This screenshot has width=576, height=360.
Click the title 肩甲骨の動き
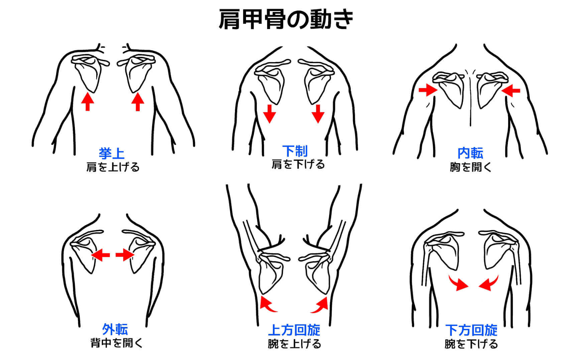coord(286,19)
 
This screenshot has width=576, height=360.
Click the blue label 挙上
coord(112,154)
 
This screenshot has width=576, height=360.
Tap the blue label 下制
coord(295,151)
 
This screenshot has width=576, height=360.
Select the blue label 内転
coord(470,153)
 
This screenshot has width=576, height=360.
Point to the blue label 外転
coord(115,330)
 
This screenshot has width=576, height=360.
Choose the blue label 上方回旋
coord(294,330)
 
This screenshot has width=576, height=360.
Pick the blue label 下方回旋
coord(471,330)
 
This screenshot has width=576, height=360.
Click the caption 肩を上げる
coord(113,167)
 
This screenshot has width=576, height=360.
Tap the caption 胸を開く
coord(470,167)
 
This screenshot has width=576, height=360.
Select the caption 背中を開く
coord(117,343)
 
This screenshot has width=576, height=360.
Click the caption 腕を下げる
coord(471,344)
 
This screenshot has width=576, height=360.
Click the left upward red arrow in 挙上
coord(88,102)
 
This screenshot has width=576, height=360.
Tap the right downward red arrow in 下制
coord(318,114)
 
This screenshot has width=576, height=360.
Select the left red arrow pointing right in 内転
coord(428,90)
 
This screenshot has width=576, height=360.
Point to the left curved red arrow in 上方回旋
coord(267,304)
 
